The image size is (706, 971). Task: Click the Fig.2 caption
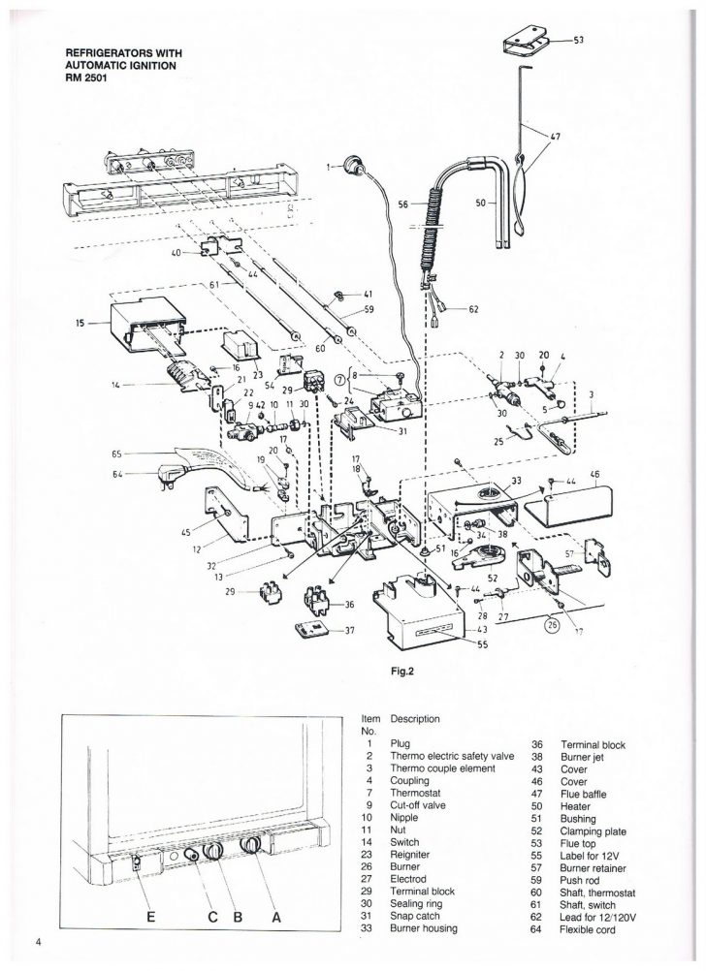(403, 670)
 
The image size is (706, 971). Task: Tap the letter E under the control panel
(150, 917)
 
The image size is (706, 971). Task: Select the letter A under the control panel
(276, 917)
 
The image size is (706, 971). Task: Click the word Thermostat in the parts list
(415, 793)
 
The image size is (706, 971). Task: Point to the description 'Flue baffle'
(583, 794)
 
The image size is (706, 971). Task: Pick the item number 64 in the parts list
(536, 929)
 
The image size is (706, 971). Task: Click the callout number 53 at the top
(578, 41)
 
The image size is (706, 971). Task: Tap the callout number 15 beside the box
(80, 323)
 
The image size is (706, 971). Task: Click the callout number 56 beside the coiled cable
(403, 204)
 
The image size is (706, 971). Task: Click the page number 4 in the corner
(39, 943)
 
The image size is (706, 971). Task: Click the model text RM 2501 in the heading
(81, 78)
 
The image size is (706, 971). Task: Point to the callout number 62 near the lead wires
(473, 309)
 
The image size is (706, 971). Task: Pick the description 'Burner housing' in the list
(424, 928)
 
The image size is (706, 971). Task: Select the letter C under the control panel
(213, 917)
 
